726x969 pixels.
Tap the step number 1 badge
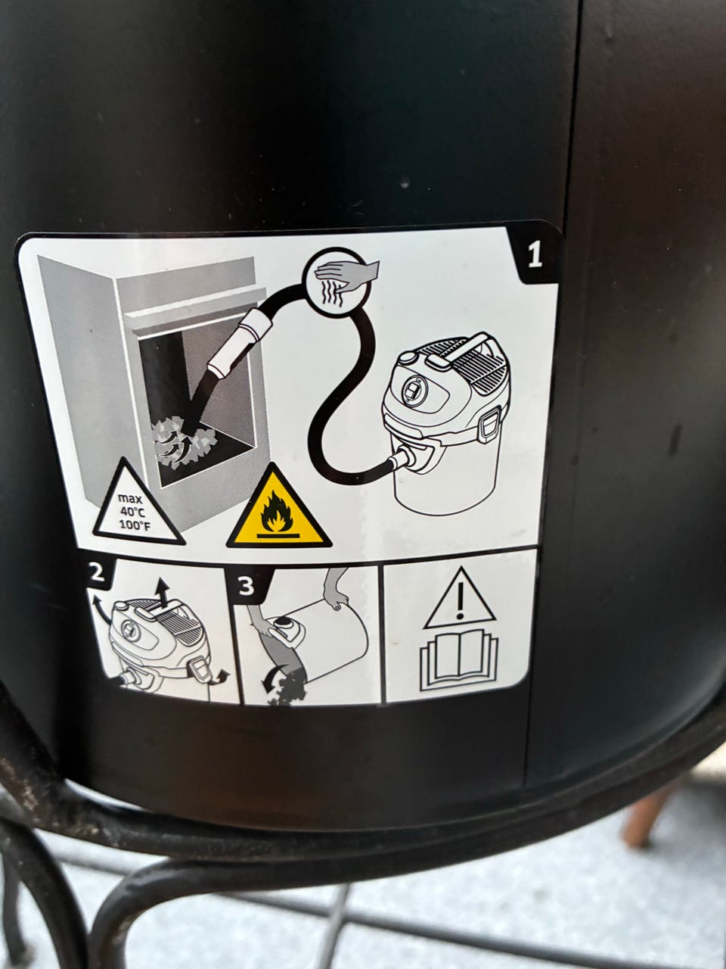(534, 256)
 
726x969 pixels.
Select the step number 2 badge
(97, 575)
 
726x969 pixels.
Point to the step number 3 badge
(247, 585)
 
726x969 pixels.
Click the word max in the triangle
(131, 500)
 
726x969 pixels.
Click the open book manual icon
(459, 659)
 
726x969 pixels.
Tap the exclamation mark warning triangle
(460, 600)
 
